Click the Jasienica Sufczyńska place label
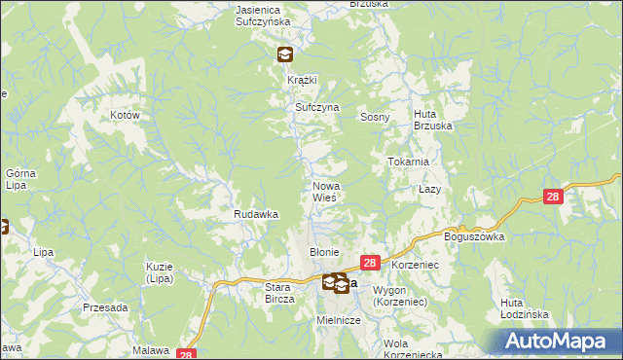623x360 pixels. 266,15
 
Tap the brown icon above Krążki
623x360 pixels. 283,55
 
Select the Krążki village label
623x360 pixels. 303,80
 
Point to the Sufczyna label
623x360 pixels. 316,107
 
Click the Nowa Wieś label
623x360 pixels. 325,192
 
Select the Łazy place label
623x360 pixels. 430,188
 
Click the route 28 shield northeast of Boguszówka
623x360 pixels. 553,197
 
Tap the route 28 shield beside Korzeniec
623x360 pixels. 370,263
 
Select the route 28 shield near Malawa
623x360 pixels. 188,355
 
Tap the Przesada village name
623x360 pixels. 106,307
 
